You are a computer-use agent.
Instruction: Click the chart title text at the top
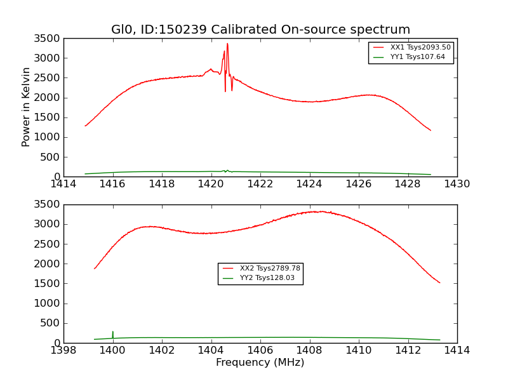point(260,30)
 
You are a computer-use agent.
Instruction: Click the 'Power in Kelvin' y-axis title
point(26,107)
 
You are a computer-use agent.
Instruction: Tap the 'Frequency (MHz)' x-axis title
point(260,363)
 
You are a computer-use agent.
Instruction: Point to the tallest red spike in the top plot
point(227,44)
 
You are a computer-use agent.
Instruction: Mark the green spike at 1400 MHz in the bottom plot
point(113,333)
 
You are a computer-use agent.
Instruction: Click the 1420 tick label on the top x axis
point(211,184)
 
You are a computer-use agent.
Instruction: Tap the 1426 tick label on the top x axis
point(359,184)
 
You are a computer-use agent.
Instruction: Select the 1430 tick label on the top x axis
point(457,184)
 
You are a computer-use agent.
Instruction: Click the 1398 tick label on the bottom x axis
point(63,351)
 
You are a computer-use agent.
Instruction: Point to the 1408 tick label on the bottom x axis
point(309,351)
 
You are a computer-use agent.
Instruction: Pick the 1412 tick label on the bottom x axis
point(408,351)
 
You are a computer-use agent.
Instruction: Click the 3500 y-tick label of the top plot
point(48,38)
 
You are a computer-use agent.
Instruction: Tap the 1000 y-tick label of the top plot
point(48,137)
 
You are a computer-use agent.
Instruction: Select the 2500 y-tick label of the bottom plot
point(48,244)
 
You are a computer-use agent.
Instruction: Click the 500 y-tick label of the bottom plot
point(50,323)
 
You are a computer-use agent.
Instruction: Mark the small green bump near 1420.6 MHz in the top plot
point(226,170)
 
